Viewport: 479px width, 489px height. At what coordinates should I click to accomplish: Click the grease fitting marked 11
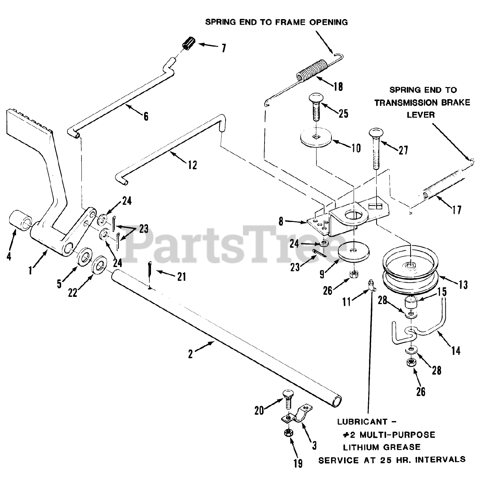click(x=371, y=285)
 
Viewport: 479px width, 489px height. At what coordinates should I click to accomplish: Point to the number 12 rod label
click(x=192, y=165)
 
